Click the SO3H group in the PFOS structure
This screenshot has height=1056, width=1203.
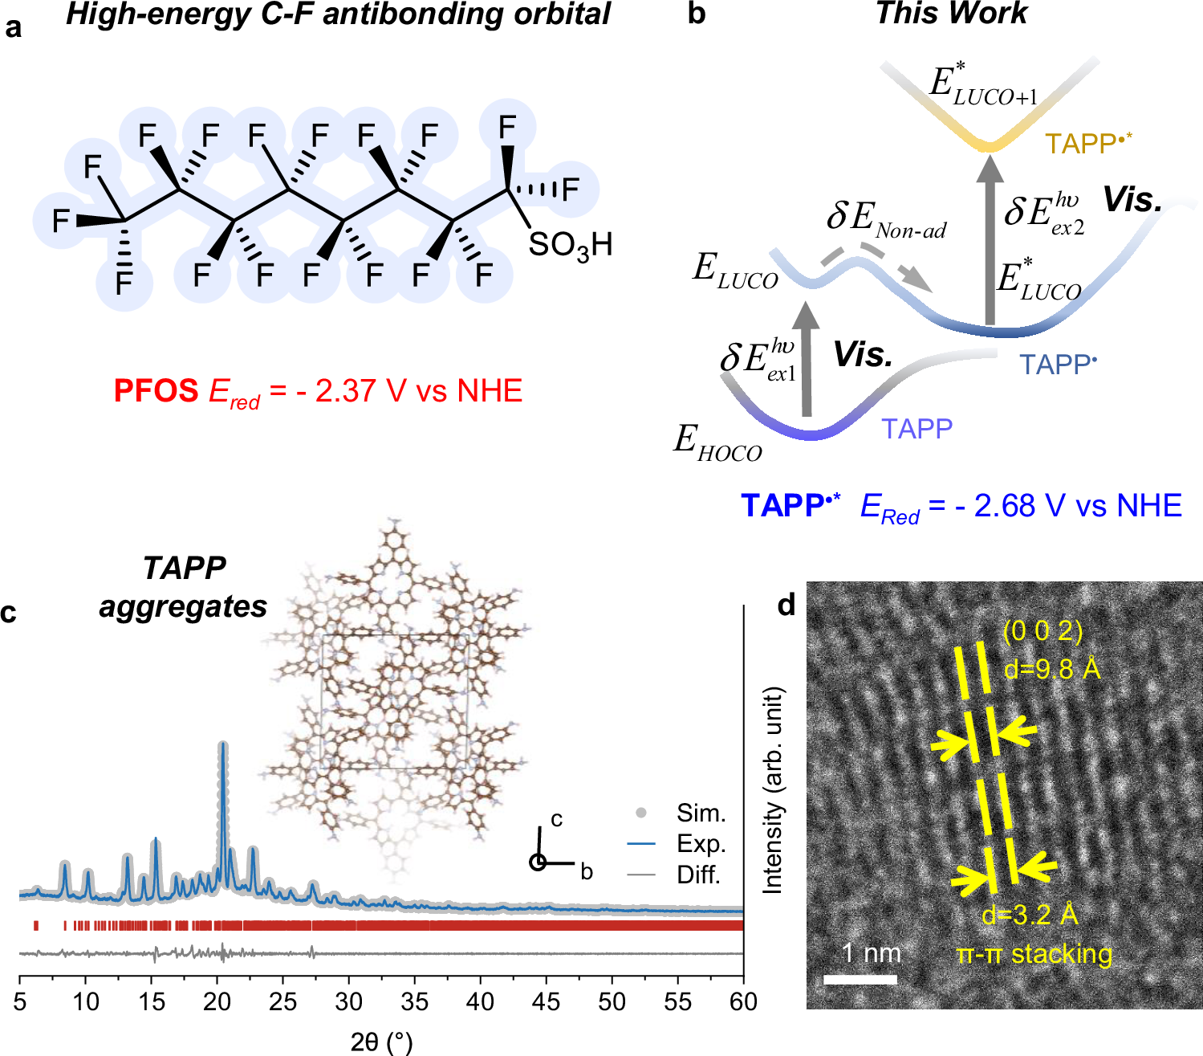570,245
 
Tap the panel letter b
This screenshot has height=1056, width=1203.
697,14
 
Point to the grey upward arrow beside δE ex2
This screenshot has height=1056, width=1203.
990,241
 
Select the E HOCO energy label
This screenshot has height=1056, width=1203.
717,442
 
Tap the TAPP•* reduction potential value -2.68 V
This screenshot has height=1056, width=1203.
1068,506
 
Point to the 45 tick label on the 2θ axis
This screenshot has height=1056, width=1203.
546,1001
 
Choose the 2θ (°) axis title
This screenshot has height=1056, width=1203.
381,1042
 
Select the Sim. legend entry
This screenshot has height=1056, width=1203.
701,813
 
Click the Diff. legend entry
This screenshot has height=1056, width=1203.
698,875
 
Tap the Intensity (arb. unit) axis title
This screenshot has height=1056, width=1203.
772,790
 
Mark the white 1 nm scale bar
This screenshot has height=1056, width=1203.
860,979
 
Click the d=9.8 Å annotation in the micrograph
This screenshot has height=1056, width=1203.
1052,668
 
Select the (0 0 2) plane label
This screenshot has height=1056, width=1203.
1042,631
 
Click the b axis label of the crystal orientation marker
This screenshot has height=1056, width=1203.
587,872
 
